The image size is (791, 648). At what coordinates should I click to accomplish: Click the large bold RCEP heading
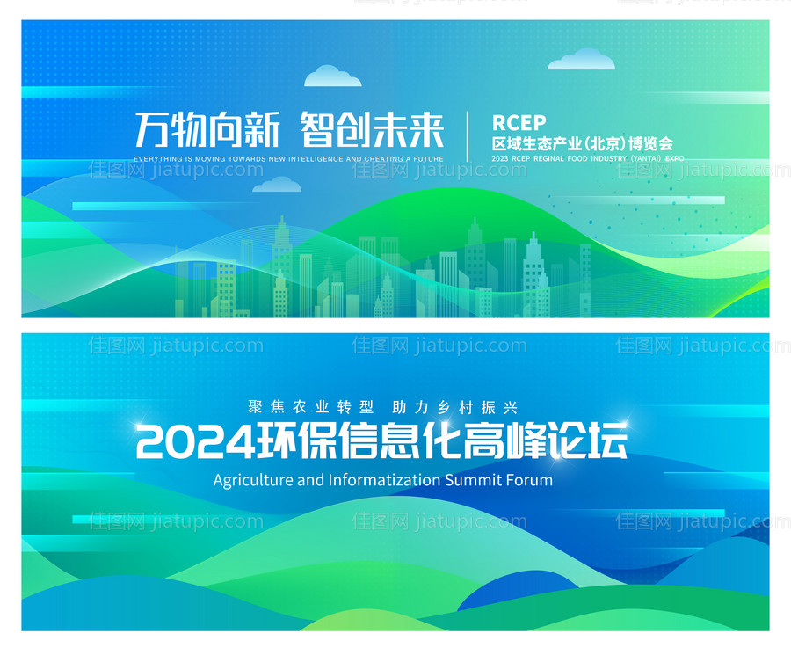coord(519,122)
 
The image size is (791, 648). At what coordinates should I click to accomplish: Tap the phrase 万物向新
coord(207,130)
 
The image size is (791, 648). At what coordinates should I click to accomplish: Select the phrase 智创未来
coord(372,130)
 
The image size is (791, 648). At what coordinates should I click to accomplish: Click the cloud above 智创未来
coord(332,76)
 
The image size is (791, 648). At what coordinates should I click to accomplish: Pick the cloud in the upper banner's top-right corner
coord(581,60)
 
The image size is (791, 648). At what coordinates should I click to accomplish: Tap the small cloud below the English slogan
coord(277,185)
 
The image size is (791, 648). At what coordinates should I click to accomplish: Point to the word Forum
coord(529,480)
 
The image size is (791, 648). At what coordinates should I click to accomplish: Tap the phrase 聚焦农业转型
coord(311,408)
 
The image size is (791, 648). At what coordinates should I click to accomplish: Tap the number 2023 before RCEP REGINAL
coord(500,159)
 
